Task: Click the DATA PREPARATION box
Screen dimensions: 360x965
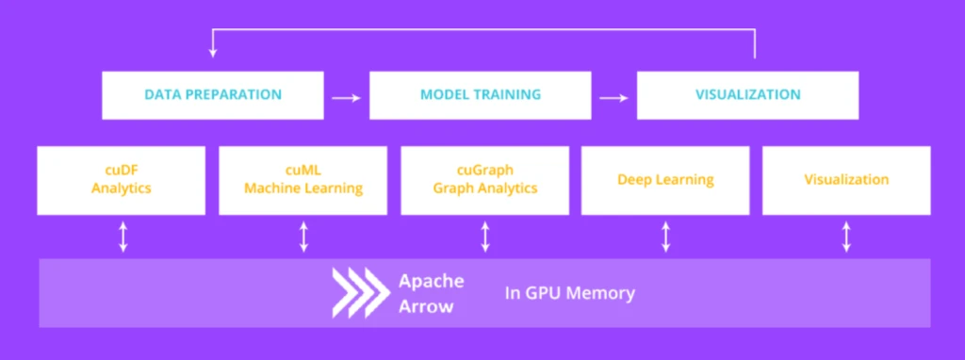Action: point(213,95)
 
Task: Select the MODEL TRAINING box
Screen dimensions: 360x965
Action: point(481,95)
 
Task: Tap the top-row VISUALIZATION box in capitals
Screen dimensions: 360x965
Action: point(747,95)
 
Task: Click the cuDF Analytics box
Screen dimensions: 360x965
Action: point(122,179)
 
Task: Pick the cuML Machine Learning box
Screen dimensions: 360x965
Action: point(303,179)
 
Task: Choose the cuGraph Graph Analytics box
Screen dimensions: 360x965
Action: point(484,179)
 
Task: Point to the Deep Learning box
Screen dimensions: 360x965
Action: point(665,179)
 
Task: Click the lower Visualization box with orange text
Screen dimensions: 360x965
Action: point(846,179)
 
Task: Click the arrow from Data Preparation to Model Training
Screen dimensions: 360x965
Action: point(347,96)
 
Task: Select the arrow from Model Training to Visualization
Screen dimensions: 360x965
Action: point(614,96)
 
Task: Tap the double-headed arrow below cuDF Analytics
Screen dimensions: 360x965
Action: point(123,237)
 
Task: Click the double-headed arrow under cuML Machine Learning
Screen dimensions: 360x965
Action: point(303,237)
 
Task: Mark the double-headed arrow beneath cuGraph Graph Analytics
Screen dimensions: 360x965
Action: point(485,237)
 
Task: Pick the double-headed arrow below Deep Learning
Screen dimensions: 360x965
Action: point(666,237)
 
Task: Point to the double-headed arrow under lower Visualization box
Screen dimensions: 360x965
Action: point(846,237)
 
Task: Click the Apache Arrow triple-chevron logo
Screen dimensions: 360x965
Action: point(359,292)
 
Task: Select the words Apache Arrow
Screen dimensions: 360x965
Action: point(430,292)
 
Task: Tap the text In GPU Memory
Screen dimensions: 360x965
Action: point(568,293)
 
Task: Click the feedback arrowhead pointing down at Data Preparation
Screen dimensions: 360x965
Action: point(213,53)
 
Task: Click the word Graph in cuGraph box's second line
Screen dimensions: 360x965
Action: point(454,188)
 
